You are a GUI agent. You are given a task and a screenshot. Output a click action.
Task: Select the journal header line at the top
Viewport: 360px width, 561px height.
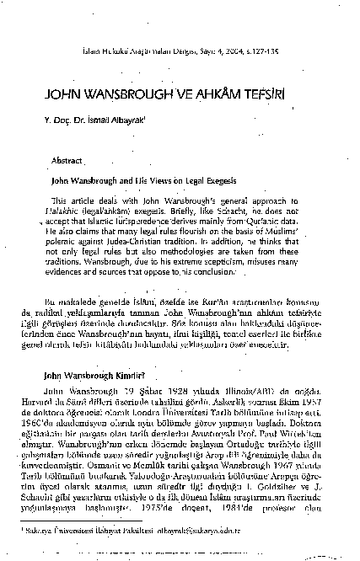(x=180, y=51)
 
